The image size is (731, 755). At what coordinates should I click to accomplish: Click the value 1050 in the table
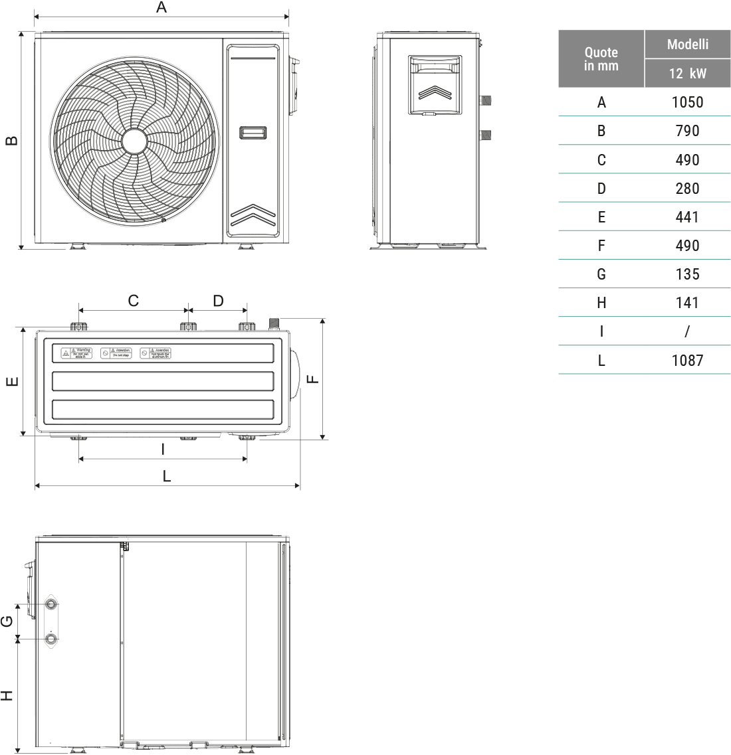tap(687, 102)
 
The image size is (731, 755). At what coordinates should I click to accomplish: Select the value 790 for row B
tap(687, 131)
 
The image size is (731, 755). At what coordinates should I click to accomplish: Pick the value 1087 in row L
tap(687, 361)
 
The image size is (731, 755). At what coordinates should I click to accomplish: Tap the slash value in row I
tap(687, 331)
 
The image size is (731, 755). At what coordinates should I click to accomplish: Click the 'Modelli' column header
tap(687, 44)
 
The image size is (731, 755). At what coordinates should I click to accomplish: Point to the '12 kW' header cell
tap(687, 73)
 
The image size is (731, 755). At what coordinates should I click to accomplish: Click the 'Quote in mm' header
tap(601, 58)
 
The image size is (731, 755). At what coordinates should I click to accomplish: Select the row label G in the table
tap(601, 274)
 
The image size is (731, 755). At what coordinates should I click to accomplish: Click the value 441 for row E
tap(687, 217)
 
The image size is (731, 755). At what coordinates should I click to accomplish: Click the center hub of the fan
tap(134, 141)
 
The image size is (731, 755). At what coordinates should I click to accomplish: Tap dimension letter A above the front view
tap(161, 7)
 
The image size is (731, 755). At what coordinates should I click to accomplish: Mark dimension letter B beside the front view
tap(11, 141)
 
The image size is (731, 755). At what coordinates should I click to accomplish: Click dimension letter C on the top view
tap(133, 301)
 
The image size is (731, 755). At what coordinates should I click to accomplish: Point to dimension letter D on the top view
tap(218, 301)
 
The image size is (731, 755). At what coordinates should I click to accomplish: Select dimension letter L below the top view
tap(167, 476)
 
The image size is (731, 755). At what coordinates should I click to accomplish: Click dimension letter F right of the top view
tap(312, 378)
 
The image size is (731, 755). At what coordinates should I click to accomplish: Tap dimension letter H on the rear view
tap(7, 695)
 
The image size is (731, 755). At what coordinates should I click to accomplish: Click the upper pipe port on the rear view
tap(51, 604)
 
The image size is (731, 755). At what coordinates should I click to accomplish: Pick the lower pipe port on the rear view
tap(51, 638)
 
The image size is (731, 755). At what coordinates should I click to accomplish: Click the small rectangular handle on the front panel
tap(253, 133)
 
